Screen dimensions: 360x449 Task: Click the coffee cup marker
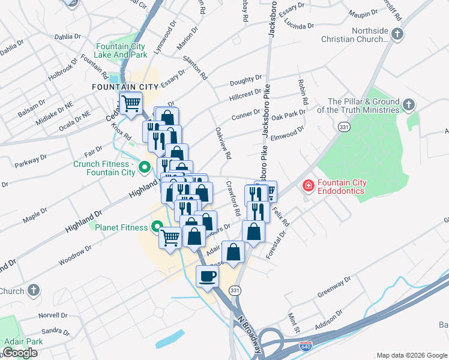pyautogui.click(x=208, y=277)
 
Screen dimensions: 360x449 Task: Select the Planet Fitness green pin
pyautogui.click(x=157, y=227)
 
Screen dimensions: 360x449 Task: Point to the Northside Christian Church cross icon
pyautogui.click(x=397, y=35)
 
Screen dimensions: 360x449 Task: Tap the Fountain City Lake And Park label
pyautogui.click(x=121, y=50)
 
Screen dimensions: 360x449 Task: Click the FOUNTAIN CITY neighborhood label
pyautogui.click(x=125, y=87)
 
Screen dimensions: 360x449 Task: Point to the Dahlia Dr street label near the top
pyautogui.click(x=67, y=37)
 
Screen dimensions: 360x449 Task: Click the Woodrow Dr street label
pyautogui.click(x=75, y=256)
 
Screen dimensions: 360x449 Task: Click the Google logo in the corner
pyautogui.click(x=20, y=353)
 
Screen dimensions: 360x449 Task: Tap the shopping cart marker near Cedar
pyautogui.click(x=131, y=103)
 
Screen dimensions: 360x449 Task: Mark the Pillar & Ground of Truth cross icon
pyautogui.click(x=408, y=106)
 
